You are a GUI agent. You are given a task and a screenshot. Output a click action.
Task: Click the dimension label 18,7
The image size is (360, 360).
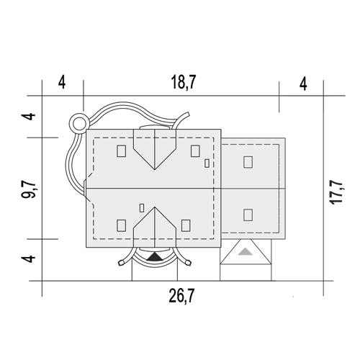point(184,82)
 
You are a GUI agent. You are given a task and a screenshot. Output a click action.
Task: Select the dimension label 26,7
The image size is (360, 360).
point(181,296)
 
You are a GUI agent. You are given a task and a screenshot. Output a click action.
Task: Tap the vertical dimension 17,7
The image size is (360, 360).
point(336,192)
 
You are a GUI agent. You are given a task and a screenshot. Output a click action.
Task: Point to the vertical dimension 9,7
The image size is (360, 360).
point(28,189)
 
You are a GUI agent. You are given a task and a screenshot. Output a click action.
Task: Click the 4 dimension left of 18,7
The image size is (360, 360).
point(62,83)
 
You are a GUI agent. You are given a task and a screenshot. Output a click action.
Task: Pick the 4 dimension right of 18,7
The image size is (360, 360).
point(304,84)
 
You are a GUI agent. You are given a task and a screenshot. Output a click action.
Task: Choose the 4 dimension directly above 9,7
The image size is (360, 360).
point(28,117)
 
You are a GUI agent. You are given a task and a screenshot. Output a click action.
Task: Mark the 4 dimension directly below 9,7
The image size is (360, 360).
point(28,258)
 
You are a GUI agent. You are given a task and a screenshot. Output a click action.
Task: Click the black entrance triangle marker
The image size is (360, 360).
point(155,257)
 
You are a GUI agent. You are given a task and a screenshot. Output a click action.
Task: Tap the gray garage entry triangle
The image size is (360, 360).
point(245,251)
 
